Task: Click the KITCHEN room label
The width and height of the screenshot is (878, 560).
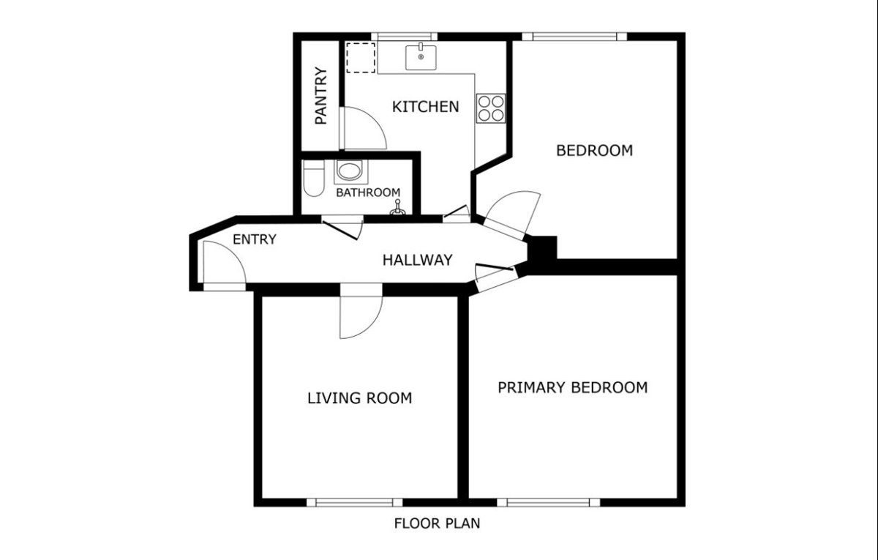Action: (x=425, y=107)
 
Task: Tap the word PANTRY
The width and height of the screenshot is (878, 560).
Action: (x=321, y=96)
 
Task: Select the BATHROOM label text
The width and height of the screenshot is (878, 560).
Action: (x=368, y=193)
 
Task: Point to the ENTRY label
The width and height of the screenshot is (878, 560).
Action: (x=255, y=239)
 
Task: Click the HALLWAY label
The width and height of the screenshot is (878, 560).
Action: (x=418, y=260)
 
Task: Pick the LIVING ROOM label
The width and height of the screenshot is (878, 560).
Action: (x=359, y=398)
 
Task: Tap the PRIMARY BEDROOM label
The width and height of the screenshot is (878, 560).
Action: (x=573, y=387)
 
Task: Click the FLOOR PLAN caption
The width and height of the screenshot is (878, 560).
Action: (x=437, y=523)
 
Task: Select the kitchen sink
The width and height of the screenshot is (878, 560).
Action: (x=421, y=57)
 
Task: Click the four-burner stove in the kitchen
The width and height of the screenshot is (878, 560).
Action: (x=491, y=108)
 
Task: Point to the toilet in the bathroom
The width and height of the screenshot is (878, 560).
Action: (x=314, y=179)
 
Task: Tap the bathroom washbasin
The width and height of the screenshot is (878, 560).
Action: (x=350, y=171)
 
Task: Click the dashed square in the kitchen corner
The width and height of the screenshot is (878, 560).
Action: (x=361, y=58)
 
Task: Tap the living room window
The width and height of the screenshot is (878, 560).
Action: (x=355, y=502)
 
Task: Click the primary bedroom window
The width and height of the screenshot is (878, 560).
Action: (x=549, y=502)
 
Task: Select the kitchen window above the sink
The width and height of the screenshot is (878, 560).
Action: (x=404, y=37)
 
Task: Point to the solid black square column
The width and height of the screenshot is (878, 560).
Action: (x=542, y=248)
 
